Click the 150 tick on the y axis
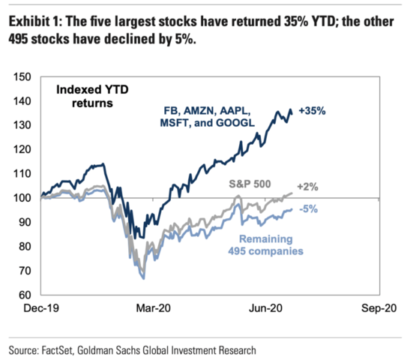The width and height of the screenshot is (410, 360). (21, 76)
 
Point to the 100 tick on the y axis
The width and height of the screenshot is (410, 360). (21, 198)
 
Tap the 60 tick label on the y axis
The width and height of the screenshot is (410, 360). (23, 295)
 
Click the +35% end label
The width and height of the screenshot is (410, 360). (312, 111)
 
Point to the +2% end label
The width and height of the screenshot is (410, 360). (310, 185)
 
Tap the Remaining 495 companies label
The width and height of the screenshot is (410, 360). (265, 244)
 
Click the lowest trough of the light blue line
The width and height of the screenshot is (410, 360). (143, 278)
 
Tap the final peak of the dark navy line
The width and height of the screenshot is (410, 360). (290, 109)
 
